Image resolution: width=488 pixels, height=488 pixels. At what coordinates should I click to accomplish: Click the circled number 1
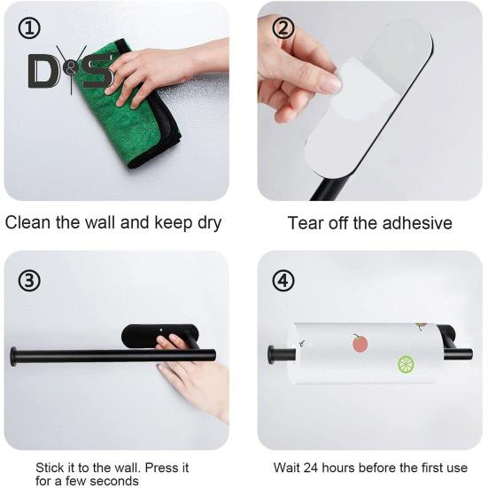tap(29, 28)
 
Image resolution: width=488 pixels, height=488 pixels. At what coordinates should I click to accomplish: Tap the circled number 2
tap(283, 28)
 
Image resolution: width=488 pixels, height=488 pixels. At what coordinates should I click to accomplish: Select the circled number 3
tap(29, 281)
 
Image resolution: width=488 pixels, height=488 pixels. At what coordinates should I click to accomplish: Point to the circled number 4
tap(283, 281)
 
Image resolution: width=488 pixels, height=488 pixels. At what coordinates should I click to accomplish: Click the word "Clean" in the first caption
tap(27, 223)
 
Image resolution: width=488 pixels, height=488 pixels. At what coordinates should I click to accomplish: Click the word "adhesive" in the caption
tap(417, 223)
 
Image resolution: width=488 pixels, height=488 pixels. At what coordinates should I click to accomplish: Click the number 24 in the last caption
tap(311, 468)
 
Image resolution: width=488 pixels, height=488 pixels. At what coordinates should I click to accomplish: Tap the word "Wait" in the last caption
tap(287, 468)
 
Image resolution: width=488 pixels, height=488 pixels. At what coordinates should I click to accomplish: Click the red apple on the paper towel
tap(360, 343)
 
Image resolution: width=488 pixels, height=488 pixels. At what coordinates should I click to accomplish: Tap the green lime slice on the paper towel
tap(407, 364)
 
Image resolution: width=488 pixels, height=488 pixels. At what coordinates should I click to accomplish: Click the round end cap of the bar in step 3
tap(13, 357)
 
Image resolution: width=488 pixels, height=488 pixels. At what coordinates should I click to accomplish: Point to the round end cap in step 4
tap(271, 355)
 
